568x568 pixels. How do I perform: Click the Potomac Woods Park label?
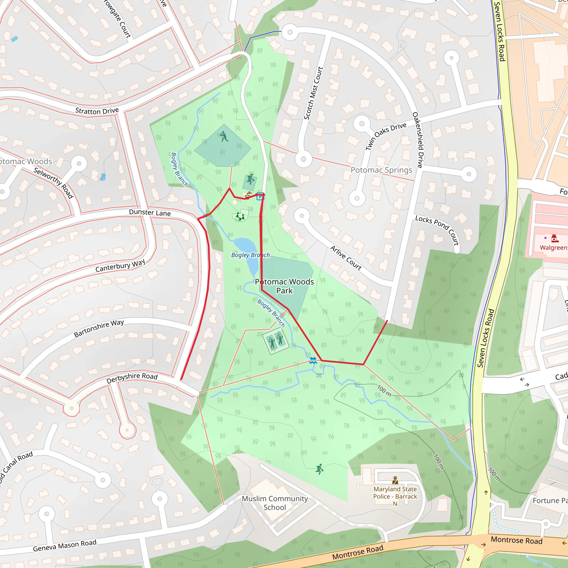coord(284,286)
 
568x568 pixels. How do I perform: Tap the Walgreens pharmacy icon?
coord(554,239)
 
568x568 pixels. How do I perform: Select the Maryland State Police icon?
coord(395,480)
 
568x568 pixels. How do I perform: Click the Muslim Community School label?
coord(275,503)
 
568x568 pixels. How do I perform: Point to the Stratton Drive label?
coord(97,111)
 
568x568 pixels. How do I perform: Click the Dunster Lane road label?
coord(150,212)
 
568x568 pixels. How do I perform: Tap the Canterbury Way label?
coord(120,266)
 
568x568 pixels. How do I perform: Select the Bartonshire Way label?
coord(99,328)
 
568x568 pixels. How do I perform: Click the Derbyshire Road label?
coord(132,378)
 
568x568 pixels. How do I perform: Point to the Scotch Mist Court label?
coord(313,93)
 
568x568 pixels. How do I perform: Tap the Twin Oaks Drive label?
coord(386,136)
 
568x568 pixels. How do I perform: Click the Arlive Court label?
coord(346,258)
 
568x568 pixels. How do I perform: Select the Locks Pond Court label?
coord(437,230)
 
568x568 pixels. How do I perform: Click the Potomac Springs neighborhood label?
coord(381,170)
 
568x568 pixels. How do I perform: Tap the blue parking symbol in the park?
coord(260,197)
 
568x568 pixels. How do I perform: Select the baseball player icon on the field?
coord(224,136)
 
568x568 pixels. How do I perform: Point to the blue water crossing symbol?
coord(313,361)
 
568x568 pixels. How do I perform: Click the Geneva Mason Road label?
coord(65,546)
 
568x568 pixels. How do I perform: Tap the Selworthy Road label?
coord(53,182)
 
